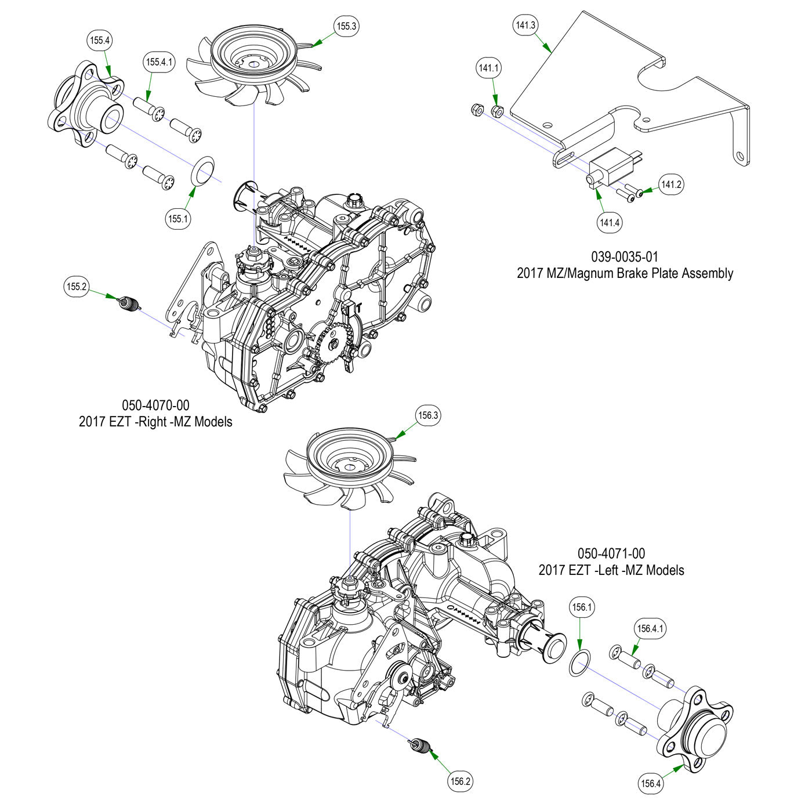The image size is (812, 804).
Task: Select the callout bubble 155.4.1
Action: coord(159,61)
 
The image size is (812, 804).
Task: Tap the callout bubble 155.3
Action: coord(346,26)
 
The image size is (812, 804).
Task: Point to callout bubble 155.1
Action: coord(179,219)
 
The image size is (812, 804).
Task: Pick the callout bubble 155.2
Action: coord(77,286)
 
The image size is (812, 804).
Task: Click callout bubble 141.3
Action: coord(525,25)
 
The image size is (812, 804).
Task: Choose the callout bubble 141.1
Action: coord(489,68)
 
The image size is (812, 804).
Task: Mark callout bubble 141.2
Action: coord(671,184)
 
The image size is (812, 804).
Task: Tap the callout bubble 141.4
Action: coord(610,222)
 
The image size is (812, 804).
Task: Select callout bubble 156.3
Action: coord(429,415)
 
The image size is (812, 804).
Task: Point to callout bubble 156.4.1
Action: coord(651,628)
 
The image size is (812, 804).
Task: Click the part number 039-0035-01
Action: coord(625,256)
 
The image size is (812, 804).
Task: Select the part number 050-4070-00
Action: coord(155,405)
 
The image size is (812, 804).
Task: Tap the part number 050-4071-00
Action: coord(611,554)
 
